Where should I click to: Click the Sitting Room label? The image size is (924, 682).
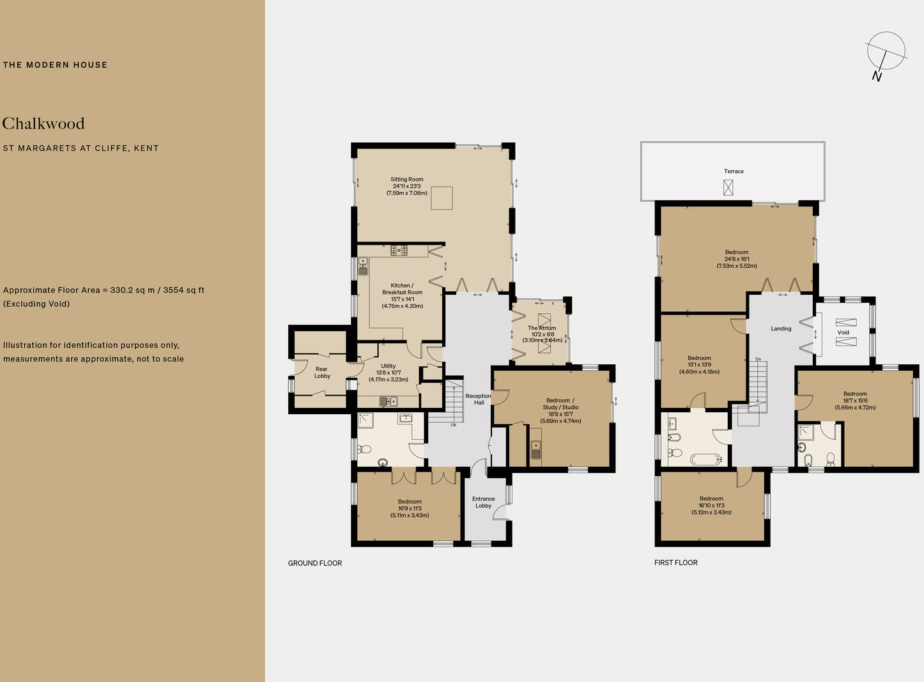click(407, 180)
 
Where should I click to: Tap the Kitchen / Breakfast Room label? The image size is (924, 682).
click(402, 289)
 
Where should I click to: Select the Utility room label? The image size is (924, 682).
click(389, 366)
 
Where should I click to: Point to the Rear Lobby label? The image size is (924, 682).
click(322, 373)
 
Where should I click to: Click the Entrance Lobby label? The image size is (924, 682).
click(483, 502)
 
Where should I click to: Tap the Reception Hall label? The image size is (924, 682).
click(478, 399)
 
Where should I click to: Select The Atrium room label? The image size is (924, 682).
click(542, 328)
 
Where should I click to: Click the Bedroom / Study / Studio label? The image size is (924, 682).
click(560, 404)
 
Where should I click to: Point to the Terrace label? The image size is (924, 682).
click(734, 171)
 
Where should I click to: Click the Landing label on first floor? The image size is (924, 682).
click(781, 329)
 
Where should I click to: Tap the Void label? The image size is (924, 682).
click(843, 332)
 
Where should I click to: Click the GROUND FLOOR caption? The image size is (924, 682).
click(315, 563)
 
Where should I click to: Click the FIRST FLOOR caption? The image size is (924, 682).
click(675, 562)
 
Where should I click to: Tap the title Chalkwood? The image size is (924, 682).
click(43, 123)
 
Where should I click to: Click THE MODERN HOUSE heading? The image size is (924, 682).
click(55, 65)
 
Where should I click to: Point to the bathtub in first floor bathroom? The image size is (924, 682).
click(706, 458)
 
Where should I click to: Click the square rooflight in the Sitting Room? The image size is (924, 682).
click(442, 198)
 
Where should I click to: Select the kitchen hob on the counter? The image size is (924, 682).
click(399, 250)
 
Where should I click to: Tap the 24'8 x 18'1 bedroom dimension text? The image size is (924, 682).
click(737, 259)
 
